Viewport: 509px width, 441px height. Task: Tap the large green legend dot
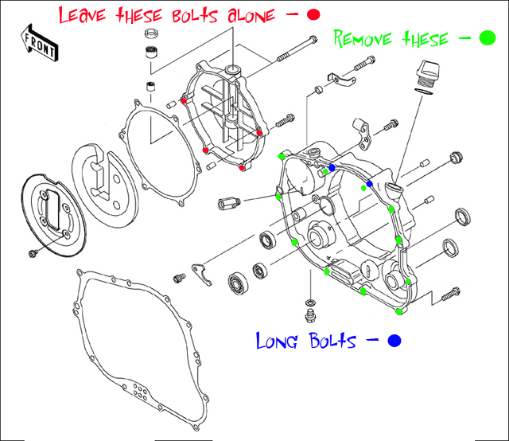tap(487, 39)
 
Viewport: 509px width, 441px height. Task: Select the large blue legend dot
tap(393, 341)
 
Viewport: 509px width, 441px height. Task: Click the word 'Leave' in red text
tap(87, 15)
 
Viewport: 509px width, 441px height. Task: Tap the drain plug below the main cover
tap(311, 306)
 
